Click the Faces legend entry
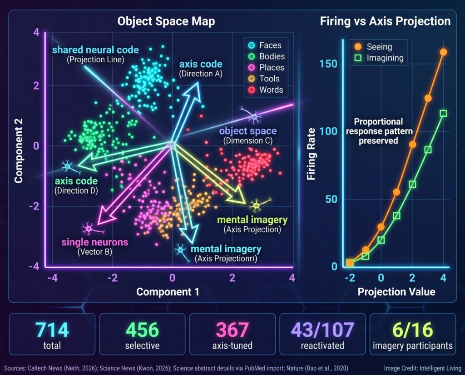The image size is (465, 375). pyautogui.click(x=265, y=45)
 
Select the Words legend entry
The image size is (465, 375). pyautogui.click(x=265, y=90)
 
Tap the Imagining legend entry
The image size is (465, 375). pyautogui.click(x=379, y=58)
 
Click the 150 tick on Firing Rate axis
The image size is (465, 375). pyautogui.click(x=328, y=64)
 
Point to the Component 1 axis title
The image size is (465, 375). pyautogui.click(x=168, y=291)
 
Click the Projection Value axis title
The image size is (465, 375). pyautogui.click(x=396, y=291)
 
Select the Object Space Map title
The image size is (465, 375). pyautogui.click(x=166, y=21)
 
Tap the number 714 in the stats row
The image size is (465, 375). pyautogui.click(x=52, y=330)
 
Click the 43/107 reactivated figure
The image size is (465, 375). pyautogui.click(x=322, y=330)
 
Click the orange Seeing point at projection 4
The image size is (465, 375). pyautogui.click(x=443, y=52)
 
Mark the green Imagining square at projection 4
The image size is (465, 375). pyautogui.click(x=443, y=114)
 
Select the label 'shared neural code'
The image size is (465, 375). pyautogui.click(x=95, y=50)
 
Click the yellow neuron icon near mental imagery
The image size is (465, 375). pyautogui.click(x=257, y=204)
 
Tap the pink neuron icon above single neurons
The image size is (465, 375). pyautogui.click(x=90, y=229)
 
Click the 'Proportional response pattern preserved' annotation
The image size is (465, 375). pyautogui.click(x=379, y=131)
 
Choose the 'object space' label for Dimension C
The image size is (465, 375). pyautogui.click(x=248, y=131)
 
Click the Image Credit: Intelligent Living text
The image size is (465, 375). pyautogui.click(x=423, y=368)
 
